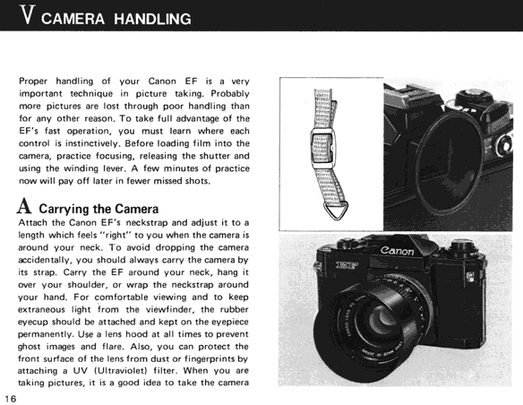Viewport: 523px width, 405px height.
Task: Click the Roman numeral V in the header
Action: pyautogui.click(x=28, y=15)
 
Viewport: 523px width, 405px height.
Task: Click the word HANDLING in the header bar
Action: pyautogui.click(x=152, y=19)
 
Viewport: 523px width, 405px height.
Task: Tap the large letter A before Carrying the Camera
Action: pyautogui.click(x=24, y=206)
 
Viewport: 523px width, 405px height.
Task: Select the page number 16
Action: pyautogui.click(x=11, y=399)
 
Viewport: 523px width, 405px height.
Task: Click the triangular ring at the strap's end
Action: pyautogui.click(x=336, y=211)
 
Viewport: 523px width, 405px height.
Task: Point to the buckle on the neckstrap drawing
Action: pyautogui.click(x=323, y=148)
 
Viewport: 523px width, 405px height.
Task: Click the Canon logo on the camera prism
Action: pyautogui.click(x=398, y=251)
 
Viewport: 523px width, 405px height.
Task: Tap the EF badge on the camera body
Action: pyautogui.click(x=347, y=266)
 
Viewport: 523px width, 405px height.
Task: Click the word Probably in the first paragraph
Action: pyautogui.click(x=230, y=94)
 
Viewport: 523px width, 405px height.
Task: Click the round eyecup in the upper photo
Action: pyautogui.click(x=449, y=160)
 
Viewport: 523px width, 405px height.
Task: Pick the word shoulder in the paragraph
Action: pyautogui.click(x=87, y=285)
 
